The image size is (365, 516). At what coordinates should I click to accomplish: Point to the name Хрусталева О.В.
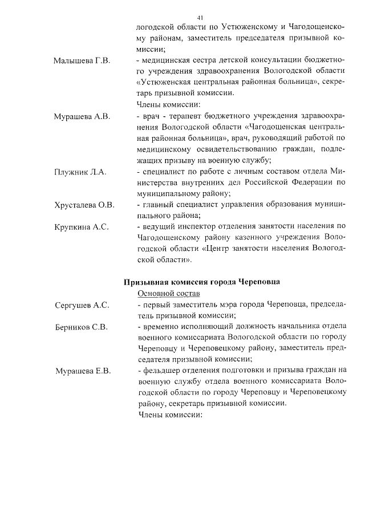84,205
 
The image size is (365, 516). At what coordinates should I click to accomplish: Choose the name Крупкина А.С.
81,227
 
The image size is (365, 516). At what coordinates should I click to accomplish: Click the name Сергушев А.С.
82,305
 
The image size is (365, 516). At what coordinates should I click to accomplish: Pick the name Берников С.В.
81,327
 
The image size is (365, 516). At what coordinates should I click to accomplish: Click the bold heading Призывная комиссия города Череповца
202,282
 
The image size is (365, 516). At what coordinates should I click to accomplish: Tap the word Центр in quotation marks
218,249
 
